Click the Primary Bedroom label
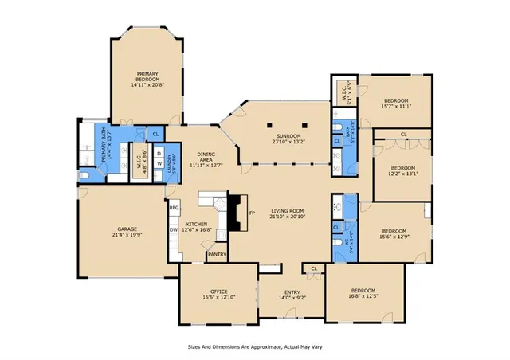pyautogui.click(x=147, y=73)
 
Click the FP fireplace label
pyautogui.click(x=251, y=214)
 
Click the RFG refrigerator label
pyautogui.click(x=174, y=208)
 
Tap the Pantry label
pyautogui.click(x=217, y=255)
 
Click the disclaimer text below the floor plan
pyautogui.click(x=255, y=347)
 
